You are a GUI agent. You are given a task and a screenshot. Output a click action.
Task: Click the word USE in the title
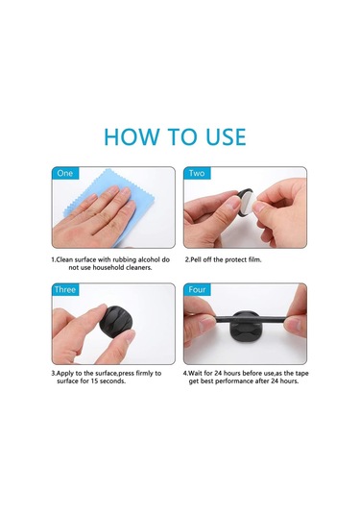[226, 136]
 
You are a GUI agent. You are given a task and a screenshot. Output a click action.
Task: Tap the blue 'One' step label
[65, 173]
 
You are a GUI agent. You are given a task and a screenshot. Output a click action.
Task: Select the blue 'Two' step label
[197, 173]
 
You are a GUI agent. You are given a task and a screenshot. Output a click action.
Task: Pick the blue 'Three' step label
[65, 289]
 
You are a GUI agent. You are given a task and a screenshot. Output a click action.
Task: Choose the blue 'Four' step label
[197, 289]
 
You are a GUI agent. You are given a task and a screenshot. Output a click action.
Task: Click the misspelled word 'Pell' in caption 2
[196, 260]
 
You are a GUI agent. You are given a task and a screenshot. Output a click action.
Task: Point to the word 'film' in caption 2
[254, 260]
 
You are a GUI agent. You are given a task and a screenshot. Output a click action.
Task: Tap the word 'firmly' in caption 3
[144, 373]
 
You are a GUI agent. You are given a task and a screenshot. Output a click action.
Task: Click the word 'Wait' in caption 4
[195, 373]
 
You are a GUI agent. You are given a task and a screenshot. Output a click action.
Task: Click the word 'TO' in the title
[182, 136]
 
